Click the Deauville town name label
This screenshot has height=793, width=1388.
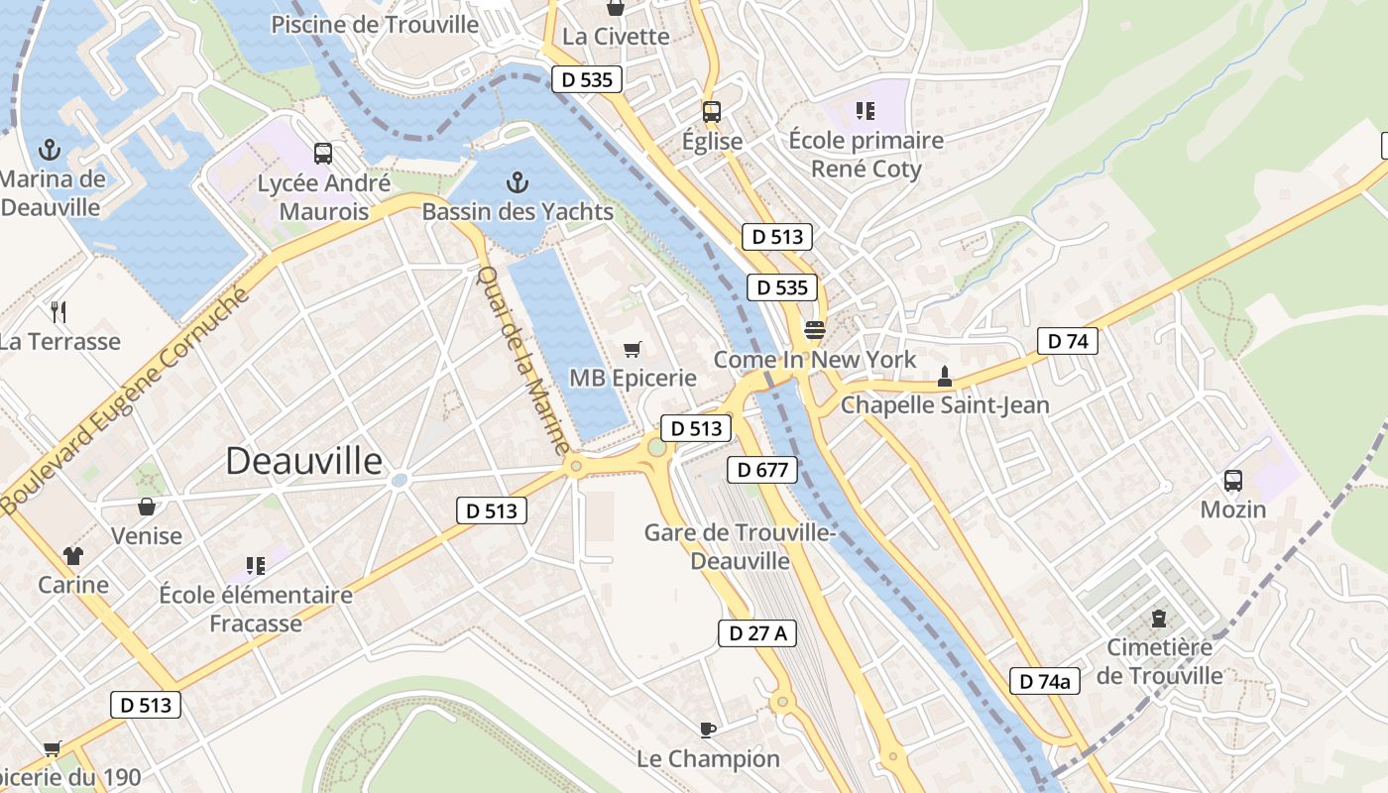pyautogui.click(x=303, y=461)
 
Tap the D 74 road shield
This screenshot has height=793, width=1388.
pyautogui.click(x=1067, y=341)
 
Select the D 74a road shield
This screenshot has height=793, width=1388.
pyautogui.click(x=1045, y=681)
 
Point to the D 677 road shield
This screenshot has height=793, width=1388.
pyautogui.click(x=762, y=470)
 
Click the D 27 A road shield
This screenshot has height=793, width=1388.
pyautogui.click(x=757, y=632)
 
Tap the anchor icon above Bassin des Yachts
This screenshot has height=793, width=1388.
pyautogui.click(x=517, y=182)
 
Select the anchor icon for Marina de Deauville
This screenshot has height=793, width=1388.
pyautogui.click(x=49, y=151)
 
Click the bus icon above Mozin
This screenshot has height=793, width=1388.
pyautogui.click(x=1233, y=481)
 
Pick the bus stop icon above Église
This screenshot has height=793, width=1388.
pyautogui.click(x=712, y=112)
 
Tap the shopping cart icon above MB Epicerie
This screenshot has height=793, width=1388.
pyautogui.click(x=633, y=349)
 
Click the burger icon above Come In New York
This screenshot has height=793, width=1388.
pyautogui.click(x=815, y=330)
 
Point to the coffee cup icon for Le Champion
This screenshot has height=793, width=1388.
pyautogui.click(x=707, y=731)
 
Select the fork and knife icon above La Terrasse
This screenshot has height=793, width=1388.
pyautogui.click(x=59, y=312)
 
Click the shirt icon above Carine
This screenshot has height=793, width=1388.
pyautogui.click(x=73, y=555)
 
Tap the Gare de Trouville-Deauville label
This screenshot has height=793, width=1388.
pyautogui.click(x=741, y=546)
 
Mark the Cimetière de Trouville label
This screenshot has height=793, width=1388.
pyautogui.click(x=1159, y=661)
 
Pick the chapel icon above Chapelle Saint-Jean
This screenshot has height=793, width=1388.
pyautogui.click(x=945, y=377)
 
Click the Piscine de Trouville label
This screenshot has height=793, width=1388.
pyautogui.click(x=375, y=25)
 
